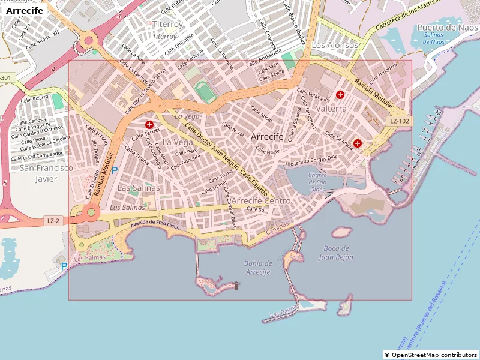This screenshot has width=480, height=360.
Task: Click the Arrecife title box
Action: tap(25, 10)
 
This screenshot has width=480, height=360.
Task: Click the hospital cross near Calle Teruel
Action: tap(149, 124)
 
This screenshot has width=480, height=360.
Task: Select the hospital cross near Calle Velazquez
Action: tap(340, 94)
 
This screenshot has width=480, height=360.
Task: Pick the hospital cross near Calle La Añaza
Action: tap(358, 143)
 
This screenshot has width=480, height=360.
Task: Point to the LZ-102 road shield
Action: tap(399, 121)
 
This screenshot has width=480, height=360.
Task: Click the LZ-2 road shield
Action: tap(53, 221)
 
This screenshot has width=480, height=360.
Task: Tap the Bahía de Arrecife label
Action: tap(259, 268)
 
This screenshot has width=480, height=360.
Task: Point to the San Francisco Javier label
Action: tap(46, 173)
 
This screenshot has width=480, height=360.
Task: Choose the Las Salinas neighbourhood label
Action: tap(139, 188)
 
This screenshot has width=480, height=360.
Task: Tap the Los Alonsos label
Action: tap(335, 45)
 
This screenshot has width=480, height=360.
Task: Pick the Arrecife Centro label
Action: tap(260, 200)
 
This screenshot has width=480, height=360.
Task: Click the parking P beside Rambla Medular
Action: tap(115, 170)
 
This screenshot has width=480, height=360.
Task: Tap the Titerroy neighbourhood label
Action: tap(167, 24)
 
